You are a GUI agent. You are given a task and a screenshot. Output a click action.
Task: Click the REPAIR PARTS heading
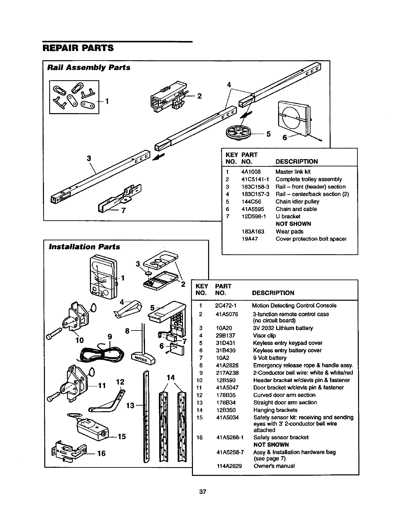pyautogui.click(x=78, y=48)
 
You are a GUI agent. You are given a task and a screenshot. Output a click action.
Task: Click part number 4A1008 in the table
pyautogui.click(x=251, y=172)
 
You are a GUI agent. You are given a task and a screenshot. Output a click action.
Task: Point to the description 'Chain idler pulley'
pyautogui.click(x=297, y=201)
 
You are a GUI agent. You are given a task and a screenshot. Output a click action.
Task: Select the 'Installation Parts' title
pyautogui.click(x=84, y=247)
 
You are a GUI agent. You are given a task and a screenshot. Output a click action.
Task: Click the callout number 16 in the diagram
pyautogui.click(x=101, y=453)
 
